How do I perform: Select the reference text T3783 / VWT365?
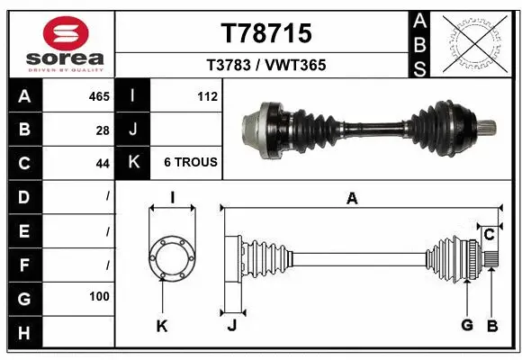265,65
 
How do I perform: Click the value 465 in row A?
99,96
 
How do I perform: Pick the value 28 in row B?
103,130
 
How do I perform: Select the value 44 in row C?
103,163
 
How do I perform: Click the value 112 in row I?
207,96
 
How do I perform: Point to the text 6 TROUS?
190,163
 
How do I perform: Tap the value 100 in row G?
99,296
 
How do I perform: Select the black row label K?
132,163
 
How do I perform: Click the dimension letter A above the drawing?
352,199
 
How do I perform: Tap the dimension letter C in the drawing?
489,235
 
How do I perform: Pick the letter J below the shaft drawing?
231,326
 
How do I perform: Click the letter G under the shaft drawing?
466,325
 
